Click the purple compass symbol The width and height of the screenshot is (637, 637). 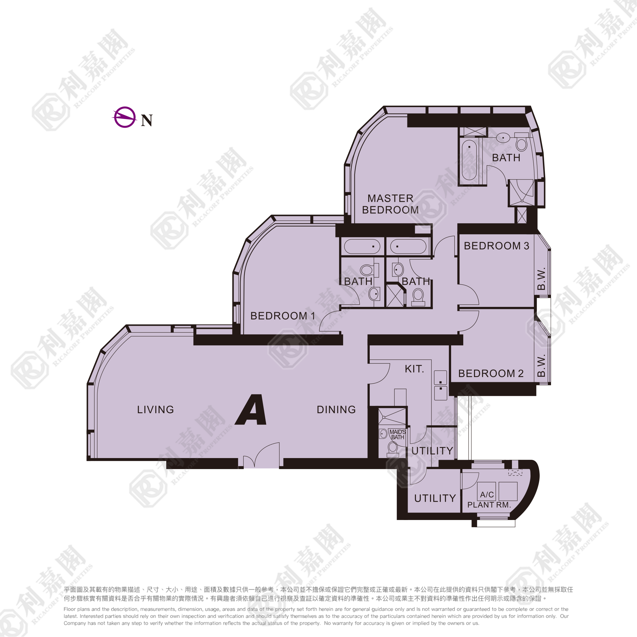click(x=125, y=117)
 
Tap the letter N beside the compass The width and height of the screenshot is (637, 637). click(x=147, y=121)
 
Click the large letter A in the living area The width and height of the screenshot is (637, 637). click(x=251, y=410)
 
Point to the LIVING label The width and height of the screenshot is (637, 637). click(x=155, y=410)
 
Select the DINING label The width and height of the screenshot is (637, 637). click(x=336, y=410)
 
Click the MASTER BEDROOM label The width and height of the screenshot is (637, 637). click(x=390, y=204)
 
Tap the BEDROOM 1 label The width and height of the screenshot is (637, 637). click(x=283, y=316)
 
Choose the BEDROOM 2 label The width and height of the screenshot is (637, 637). click(x=491, y=374)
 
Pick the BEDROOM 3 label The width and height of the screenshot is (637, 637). click(x=496, y=246)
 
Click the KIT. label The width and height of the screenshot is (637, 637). click(x=414, y=369)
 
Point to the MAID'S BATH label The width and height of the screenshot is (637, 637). click(x=398, y=435)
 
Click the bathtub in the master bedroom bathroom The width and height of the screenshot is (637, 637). click(x=469, y=160)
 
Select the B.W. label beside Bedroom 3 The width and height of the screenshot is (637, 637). click(x=541, y=279)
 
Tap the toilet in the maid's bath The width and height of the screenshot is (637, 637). click(x=393, y=449)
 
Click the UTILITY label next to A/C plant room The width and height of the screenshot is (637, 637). click(x=435, y=498)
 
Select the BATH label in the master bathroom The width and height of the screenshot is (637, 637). click(x=506, y=158)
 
